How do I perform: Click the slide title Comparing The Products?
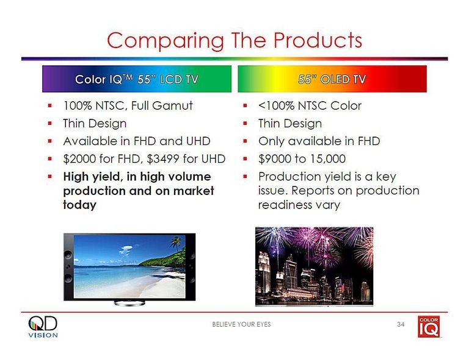pyautogui.click(x=234, y=40)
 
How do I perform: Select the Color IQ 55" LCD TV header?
pyautogui.click(x=136, y=79)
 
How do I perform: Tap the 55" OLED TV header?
pyautogui.click(x=332, y=79)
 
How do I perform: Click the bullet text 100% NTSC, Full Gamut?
pyautogui.click(x=128, y=106)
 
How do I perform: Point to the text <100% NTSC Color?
pyautogui.click(x=310, y=106)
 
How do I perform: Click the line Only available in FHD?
pyautogui.click(x=319, y=141)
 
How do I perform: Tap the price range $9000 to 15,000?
pyautogui.click(x=302, y=159)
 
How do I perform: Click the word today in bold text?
pyautogui.click(x=79, y=205)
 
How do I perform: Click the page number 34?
pyautogui.click(x=401, y=324)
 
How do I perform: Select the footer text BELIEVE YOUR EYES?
pyautogui.click(x=241, y=324)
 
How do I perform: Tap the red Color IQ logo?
pyautogui.click(x=428, y=327)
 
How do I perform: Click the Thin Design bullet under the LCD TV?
pyautogui.click(x=95, y=124)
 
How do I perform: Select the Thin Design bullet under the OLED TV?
pyautogui.click(x=289, y=124)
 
